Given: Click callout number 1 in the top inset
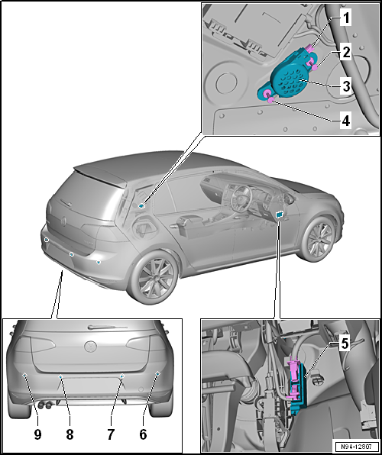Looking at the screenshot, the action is click(345, 18).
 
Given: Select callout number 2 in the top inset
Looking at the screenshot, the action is click(345, 52).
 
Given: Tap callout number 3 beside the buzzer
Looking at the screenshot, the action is click(346, 86).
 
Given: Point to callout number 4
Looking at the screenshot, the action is click(345, 121).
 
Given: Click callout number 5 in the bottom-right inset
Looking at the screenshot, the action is click(345, 344).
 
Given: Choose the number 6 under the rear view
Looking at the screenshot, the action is click(143, 434).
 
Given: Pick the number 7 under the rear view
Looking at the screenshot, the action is click(110, 434).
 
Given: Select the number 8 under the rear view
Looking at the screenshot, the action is click(70, 434).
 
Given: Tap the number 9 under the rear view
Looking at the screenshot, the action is click(37, 434).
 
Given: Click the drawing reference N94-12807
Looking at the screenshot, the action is click(357, 447).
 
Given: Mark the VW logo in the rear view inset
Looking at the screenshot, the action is click(90, 346).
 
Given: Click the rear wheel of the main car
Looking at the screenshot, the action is click(153, 277).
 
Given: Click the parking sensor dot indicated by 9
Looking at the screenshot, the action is click(25, 375).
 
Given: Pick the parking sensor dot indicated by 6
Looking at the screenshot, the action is click(157, 373).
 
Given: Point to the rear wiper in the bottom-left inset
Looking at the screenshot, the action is click(108, 327).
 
